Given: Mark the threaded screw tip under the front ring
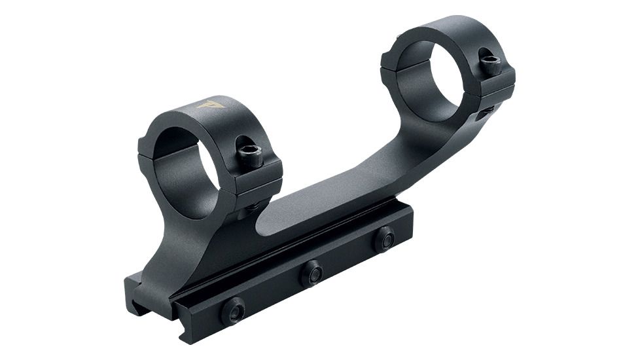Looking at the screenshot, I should point(251,208).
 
